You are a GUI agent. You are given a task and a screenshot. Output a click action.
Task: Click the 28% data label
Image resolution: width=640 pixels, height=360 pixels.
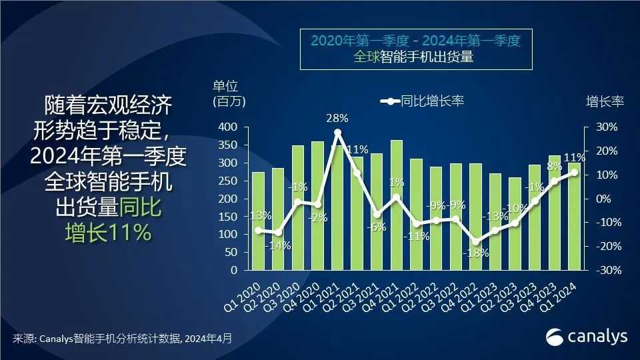click(337, 119)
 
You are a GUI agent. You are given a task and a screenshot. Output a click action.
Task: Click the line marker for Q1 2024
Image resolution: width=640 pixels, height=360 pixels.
click(574, 172)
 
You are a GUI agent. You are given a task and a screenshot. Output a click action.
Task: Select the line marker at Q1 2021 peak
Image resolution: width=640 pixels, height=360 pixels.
click(337, 133)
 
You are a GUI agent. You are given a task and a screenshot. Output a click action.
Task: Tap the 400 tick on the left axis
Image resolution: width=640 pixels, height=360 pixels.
click(229, 127)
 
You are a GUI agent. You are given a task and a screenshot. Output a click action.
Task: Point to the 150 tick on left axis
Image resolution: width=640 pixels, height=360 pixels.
click(229, 217)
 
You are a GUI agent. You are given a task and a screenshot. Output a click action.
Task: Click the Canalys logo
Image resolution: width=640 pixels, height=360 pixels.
click(587, 337)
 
